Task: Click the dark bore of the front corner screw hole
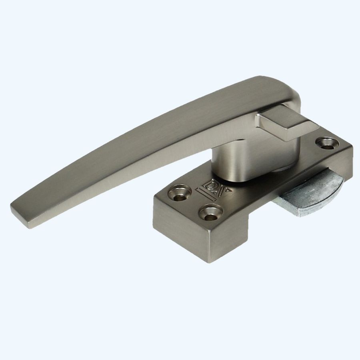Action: [x=211, y=212]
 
